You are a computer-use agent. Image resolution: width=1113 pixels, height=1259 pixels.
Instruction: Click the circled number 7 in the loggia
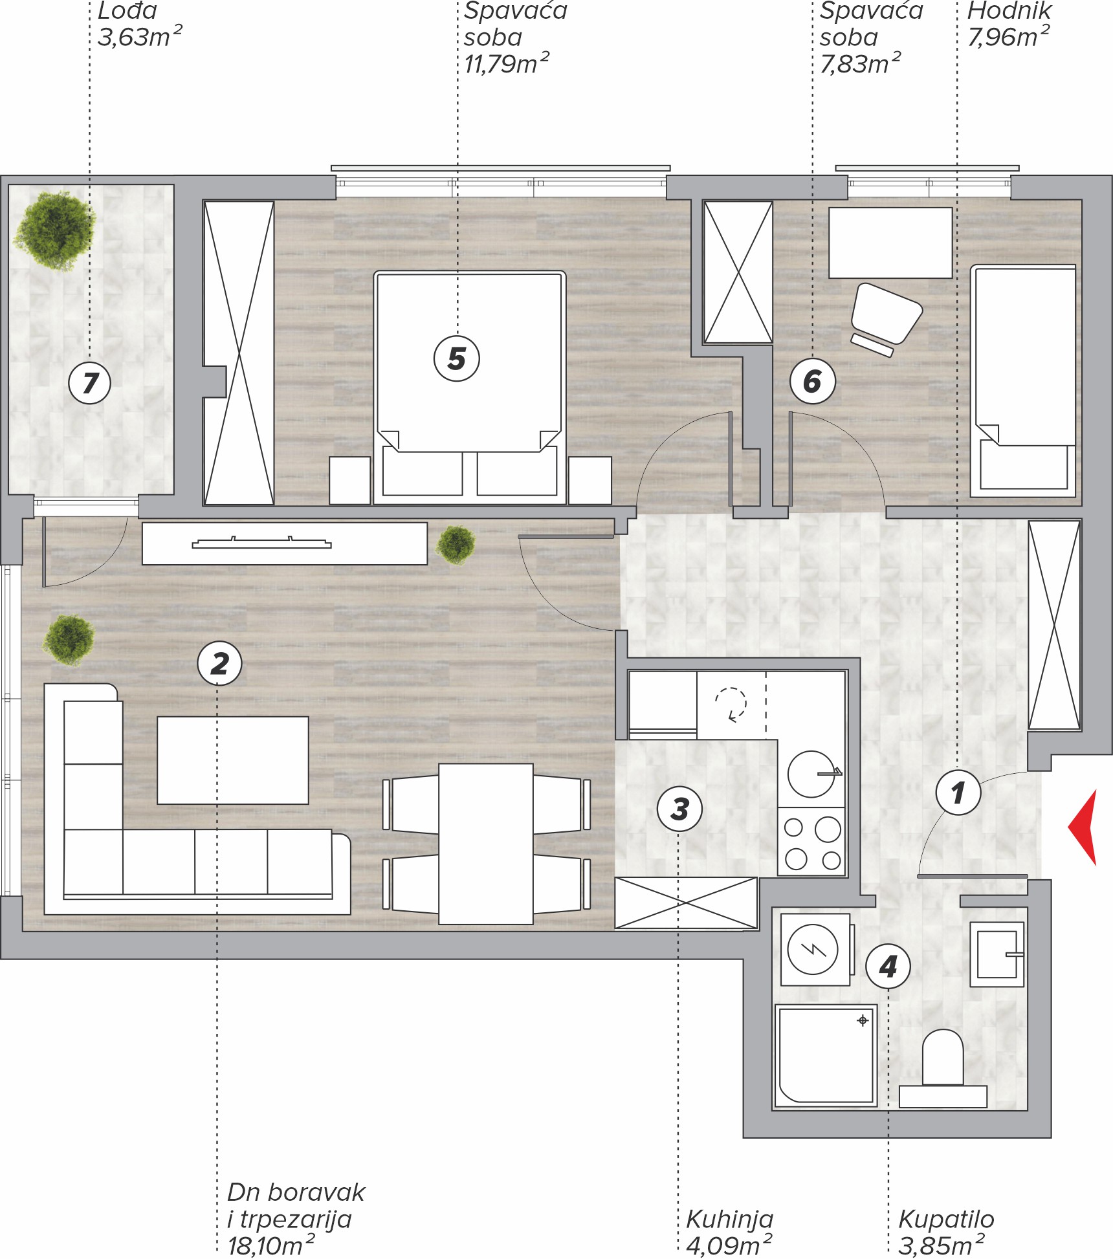click(90, 382)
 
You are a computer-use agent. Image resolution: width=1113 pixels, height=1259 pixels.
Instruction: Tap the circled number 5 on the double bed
click(457, 358)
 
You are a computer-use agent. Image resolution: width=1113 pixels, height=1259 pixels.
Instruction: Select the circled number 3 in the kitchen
click(679, 809)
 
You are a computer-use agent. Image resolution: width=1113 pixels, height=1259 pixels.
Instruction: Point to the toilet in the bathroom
click(943, 1068)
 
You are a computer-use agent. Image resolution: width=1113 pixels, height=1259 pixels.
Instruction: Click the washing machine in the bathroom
click(815, 950)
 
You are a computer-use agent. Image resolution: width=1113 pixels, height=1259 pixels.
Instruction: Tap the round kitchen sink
click(811, 774)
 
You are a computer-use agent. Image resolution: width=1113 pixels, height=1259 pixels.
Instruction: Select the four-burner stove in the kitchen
click(811, 842)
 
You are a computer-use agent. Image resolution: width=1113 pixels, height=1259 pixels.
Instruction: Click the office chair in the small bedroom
click(886, 318)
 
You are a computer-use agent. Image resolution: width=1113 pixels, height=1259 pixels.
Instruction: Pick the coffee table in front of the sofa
click(233, 760)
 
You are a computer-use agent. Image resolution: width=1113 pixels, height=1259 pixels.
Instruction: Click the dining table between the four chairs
click(486, 844)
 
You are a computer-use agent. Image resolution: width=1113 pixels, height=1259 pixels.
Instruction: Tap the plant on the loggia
click(54, 230)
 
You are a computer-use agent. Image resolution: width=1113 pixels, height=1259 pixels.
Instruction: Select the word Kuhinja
click(729, 1219)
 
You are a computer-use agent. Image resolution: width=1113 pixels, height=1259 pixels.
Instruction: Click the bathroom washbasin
click(997, 954)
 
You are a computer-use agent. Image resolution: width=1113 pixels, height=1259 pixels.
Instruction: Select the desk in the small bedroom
click(890, 243)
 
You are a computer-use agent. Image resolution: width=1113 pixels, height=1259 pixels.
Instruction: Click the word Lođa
click(127, 10)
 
